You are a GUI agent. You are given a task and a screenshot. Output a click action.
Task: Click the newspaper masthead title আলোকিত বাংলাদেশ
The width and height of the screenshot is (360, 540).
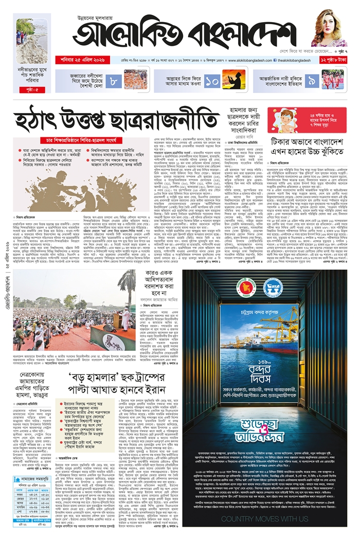pyautogui.click(x=182, y=32)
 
